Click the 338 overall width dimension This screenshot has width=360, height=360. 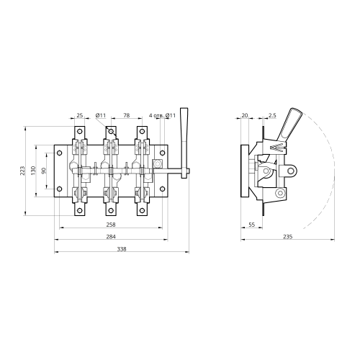click(122, 249)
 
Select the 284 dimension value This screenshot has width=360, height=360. click(111, 237)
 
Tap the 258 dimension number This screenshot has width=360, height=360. click(111, 225)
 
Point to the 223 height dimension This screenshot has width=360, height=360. click(22, 171)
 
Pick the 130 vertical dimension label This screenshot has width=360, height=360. click(33, 171)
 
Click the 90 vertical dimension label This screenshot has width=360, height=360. click(44, 171)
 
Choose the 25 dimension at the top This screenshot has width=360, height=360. click(80, 115)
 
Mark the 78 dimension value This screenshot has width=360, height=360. click(127, 115)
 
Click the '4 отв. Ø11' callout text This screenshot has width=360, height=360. click(162, 115)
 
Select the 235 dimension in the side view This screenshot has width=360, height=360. click(288, 237)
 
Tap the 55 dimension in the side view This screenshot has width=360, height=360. click(251, 225)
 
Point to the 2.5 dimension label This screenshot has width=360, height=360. click(272, 115)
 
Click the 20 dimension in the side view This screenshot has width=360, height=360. click(245, 115)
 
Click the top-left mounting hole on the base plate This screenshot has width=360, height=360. click(60, 153)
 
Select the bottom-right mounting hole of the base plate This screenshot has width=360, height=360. click(163, 189)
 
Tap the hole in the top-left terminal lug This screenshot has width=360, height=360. click(80, 131)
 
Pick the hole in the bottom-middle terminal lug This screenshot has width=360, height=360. click(111, 211)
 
